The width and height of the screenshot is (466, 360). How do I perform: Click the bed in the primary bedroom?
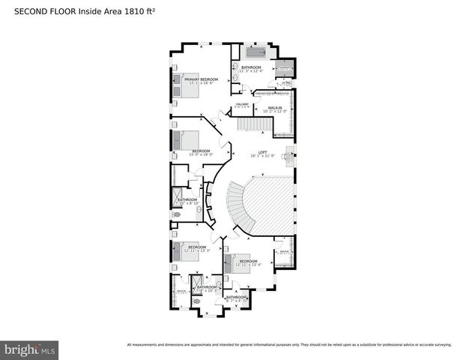click(183, 84)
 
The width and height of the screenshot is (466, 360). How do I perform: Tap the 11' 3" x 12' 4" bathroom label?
click(251, 70)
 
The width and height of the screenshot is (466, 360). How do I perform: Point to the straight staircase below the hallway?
click(252, 123)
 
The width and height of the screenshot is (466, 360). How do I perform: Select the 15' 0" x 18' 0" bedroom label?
click(202, 152)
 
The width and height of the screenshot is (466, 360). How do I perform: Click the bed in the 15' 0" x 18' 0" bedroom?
click(184, 140)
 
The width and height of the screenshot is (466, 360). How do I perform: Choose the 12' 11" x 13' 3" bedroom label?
click(197, 248)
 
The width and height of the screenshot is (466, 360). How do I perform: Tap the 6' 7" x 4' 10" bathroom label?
click(237, 298)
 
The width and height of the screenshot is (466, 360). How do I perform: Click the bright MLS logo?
click(30, 349)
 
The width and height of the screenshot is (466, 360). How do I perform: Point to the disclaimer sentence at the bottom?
click(288, 345)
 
